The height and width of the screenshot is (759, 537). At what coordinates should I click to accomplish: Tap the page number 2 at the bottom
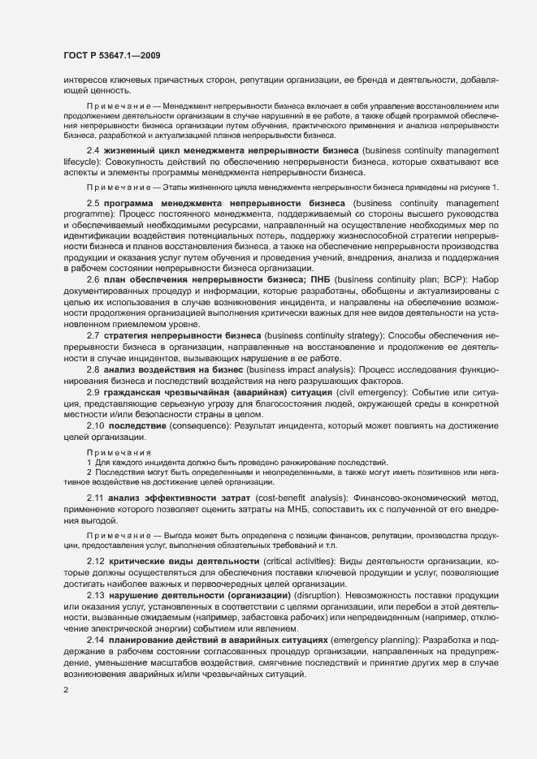[65, 690]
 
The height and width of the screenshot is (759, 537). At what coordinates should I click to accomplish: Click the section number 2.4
[93, 151]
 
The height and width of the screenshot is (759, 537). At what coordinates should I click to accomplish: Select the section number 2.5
[93, 201]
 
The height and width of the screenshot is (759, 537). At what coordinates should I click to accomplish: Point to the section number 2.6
[93, 278]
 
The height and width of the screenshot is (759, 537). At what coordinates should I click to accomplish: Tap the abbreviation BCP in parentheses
[445, 278]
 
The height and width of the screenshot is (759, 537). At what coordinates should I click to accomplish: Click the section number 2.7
[93, 334]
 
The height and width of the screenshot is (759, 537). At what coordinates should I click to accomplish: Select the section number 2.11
[96, 496]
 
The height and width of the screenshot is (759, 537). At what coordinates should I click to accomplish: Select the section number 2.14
[96, 640]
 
